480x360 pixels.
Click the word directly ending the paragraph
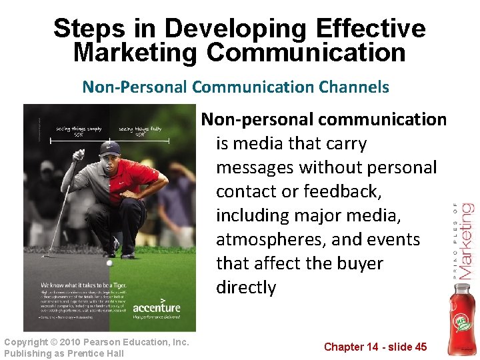click(246, 287)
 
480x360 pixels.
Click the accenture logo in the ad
click(157, 307)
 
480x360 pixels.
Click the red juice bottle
click(460, 320)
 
